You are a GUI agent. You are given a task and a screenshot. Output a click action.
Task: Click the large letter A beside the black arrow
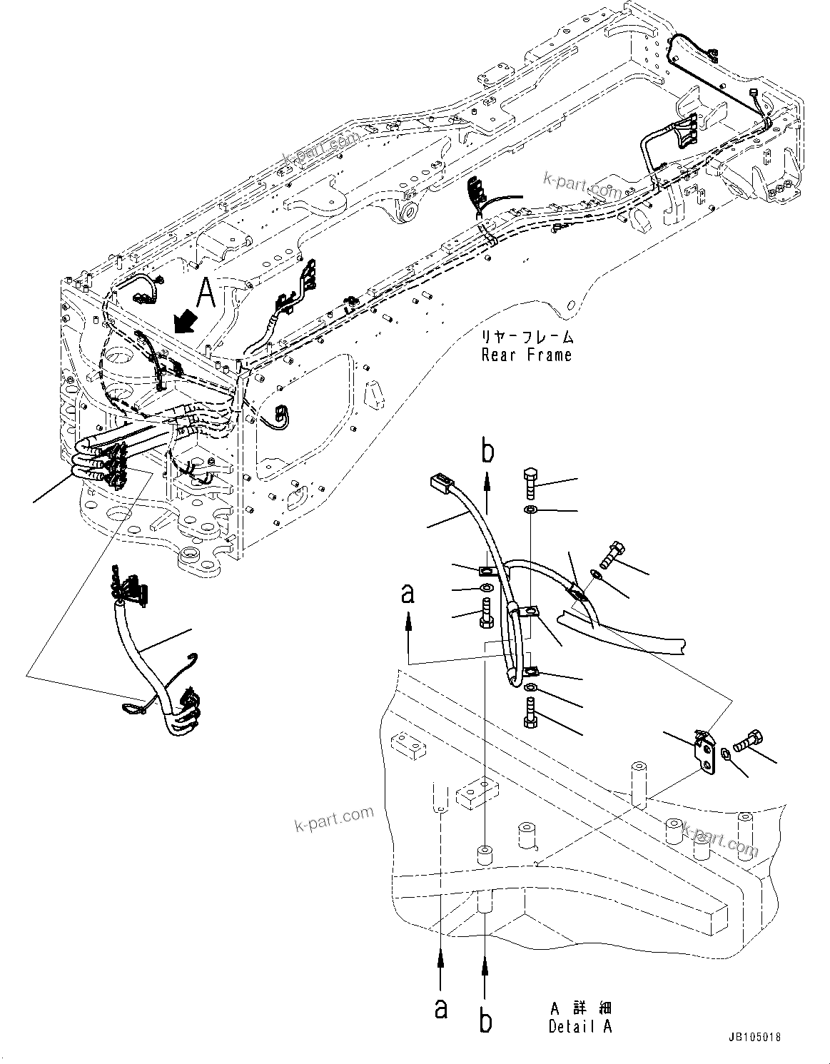206,293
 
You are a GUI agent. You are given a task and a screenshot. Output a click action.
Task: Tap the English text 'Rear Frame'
526,355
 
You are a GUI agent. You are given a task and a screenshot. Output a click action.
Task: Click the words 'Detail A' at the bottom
580,1027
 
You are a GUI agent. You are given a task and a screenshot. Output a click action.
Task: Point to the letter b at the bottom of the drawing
485,1020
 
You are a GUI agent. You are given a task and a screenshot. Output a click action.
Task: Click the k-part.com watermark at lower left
334,820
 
